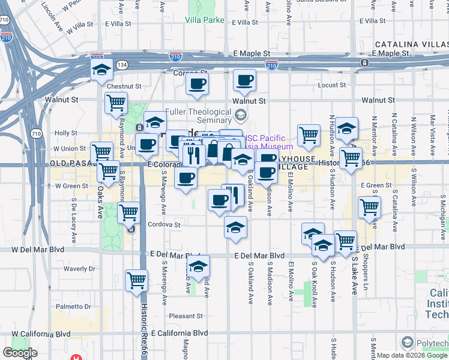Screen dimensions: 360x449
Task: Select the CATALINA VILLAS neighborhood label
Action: click(x=411, y=44)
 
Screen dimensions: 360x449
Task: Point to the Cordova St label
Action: click(x=164, y=225)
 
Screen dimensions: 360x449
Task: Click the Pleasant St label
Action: click(x=185, y=316)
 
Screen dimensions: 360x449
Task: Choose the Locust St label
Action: click(x=331, y=85)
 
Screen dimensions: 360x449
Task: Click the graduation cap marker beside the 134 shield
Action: click(x=101, y=69)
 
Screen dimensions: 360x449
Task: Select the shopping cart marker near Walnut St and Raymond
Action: click(x=116, y=102)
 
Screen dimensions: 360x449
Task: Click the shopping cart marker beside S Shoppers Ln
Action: click(x=369, y=207)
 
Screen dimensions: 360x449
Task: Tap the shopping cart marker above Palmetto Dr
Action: click(x=137, y=280)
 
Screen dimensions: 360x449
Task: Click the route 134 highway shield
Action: click(x=122, y=64)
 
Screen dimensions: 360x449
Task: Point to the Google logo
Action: click(x=20, y=353)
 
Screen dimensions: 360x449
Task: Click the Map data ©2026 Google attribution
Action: click(x=412, y=355)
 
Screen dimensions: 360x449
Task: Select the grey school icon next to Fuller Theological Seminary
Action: click(x=241, y=114)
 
